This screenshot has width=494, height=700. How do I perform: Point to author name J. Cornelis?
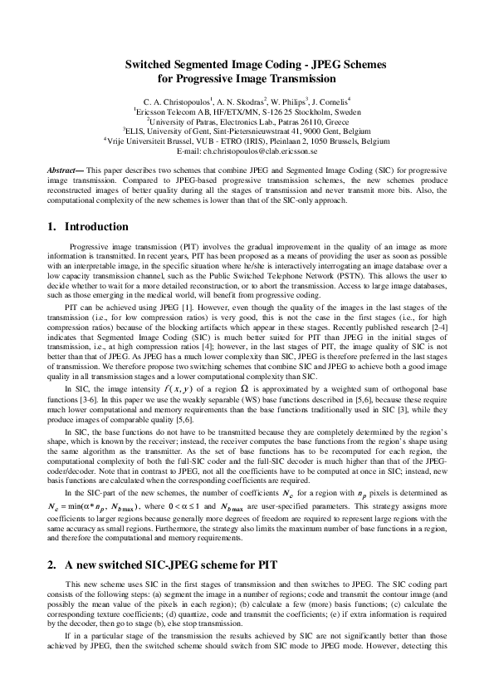pyautogui.click(x=330, y=99)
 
